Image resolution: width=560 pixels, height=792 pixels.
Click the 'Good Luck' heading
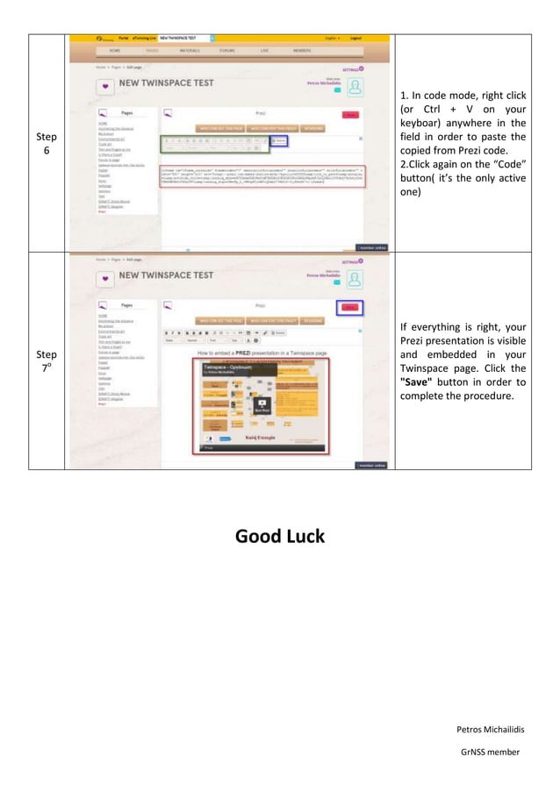coord(279,536)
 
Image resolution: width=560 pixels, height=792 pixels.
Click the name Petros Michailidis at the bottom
coord(488,729)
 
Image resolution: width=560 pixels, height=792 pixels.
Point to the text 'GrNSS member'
coord(490,752)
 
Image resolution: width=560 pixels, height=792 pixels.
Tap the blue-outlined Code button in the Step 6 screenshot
coord(278,140)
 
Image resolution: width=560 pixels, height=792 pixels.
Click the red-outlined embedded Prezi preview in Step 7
coord(260,403)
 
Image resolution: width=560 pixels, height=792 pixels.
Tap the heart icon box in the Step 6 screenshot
coord(104,86)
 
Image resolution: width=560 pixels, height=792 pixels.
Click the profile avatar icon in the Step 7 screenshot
coord(355,279)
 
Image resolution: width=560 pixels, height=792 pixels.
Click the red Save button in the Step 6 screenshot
coord(350,115)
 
